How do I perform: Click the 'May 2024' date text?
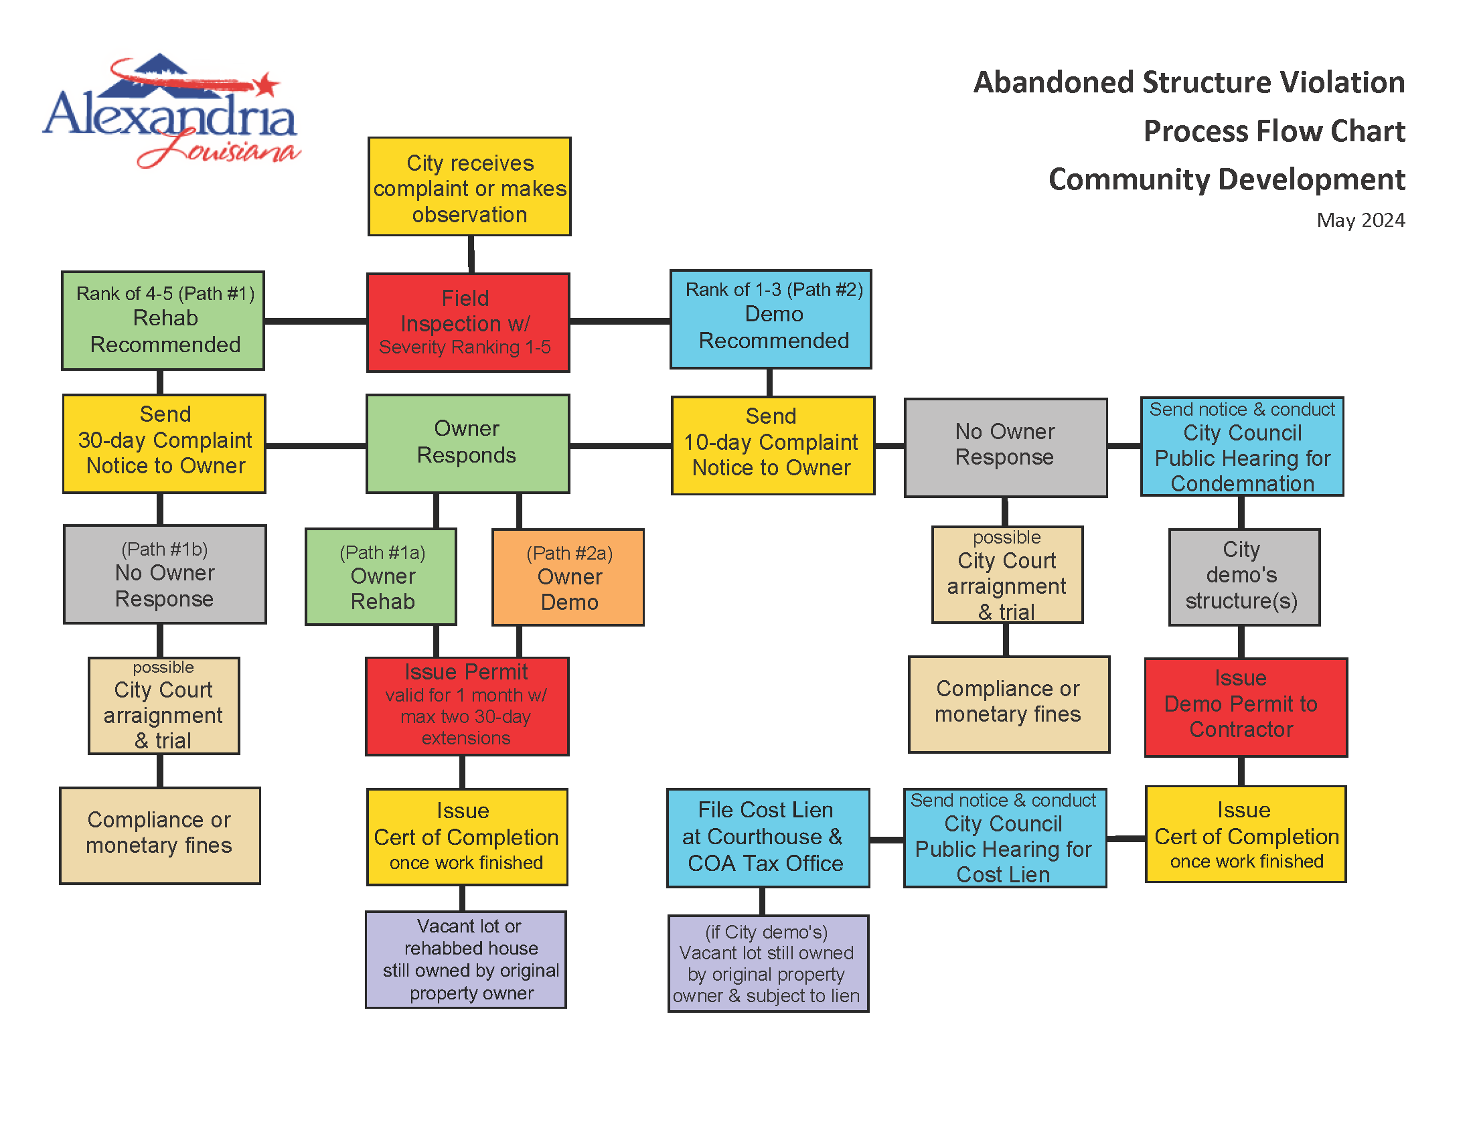[x=1360, y=220]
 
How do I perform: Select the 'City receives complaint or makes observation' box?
[x=469, y=187]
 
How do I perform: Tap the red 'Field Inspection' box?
[x=468, y=322]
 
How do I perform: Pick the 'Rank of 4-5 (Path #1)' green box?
[x=163, y=321]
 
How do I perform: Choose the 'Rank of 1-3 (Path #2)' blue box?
[x=770, y=319]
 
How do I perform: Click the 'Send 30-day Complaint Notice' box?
[x=165, y=444]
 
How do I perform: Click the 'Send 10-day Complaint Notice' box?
[x=773, y=446]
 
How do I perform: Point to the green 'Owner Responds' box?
[x=467, y=444]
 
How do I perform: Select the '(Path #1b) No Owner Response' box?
[x=165, y=574]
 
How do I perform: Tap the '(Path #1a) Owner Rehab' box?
[x=381, y=577]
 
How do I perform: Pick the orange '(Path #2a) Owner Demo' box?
[x=568, y=578]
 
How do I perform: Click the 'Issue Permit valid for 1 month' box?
[x=467, y=706]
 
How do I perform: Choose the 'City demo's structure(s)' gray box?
[x=1244, y=577]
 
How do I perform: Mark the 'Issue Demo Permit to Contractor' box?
[x=1245, y=707]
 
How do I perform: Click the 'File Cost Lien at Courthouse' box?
[x=767, y=837]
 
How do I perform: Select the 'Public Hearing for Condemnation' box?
[x=1241, y=446]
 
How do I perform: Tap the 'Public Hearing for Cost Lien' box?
[x=1004, y=837]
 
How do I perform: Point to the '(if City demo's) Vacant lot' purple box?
[x=767, y=963]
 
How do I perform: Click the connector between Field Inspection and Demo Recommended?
[x=619, y=321]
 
